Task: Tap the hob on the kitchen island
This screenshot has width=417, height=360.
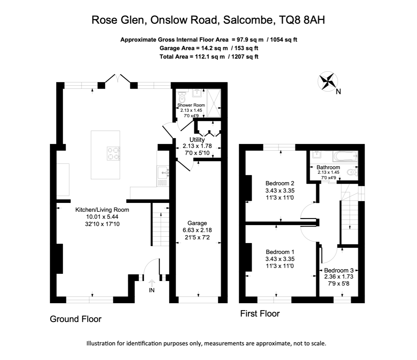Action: point(113,153)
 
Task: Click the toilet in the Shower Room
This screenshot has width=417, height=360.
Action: point(182,98)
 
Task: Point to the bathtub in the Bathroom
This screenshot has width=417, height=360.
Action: point(345,157)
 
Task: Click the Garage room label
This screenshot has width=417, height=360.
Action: point(197,223)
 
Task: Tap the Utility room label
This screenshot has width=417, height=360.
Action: point(197,140)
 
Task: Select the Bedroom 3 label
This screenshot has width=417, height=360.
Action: point(338,270)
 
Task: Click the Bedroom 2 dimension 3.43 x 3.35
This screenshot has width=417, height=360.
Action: point(280,190)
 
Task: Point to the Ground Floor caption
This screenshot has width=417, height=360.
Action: point(76,319)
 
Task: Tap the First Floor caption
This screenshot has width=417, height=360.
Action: point(260,314)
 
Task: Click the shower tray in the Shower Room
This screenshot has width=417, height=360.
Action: point(214,103)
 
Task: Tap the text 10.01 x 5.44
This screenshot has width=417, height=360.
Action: point(102,217)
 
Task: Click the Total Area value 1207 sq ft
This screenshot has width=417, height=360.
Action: point(244,57)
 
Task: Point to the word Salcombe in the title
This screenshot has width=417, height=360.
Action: point(247,20)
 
